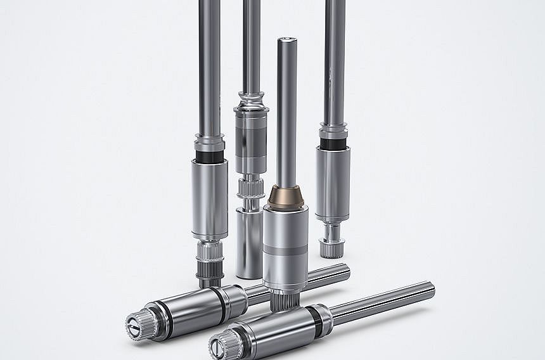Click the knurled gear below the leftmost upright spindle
point(210,260)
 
